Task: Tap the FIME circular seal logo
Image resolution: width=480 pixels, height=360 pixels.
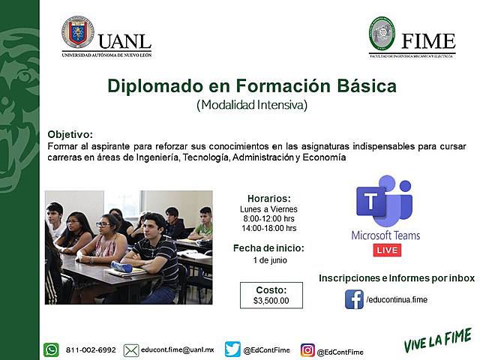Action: pos(381,33)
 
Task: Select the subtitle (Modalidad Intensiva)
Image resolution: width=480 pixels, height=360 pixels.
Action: pos(252,105)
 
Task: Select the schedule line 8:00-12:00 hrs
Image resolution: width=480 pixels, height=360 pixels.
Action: pos(268,218)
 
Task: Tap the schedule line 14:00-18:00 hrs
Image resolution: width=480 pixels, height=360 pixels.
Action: pos(268,228)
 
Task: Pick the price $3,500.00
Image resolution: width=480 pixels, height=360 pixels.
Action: pos(271,301)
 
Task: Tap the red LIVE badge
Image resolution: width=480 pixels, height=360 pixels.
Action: pos(387,249)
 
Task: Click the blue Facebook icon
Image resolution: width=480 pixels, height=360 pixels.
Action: pos(354,299)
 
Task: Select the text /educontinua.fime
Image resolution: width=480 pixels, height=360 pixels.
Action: pos(397,300)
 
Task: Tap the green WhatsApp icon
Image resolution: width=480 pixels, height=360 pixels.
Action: pos(51,349)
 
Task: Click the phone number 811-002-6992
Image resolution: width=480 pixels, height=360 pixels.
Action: pos(91,349)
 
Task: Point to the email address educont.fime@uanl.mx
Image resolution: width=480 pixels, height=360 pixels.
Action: pos(178,349)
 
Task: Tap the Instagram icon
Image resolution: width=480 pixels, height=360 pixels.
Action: pos(307,350)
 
